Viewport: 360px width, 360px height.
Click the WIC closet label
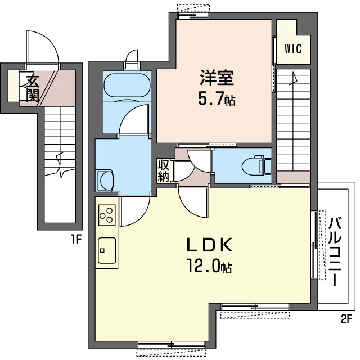[x=293, y=49]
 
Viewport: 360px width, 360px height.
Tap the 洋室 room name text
[x=217, y=78]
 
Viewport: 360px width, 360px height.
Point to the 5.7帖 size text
[x=217, y=100]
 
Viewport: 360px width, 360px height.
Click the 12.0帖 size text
[x=210, y=265]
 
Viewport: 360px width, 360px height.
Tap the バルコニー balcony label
[x=335, y=251]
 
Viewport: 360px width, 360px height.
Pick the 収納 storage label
[x=163, y=171]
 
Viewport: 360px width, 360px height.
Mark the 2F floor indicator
[x=346, y=319]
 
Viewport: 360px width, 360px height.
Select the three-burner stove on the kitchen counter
[x=107, y=215]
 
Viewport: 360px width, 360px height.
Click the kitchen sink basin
[x=107, y=250]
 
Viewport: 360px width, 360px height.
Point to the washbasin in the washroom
[x=105, y=181]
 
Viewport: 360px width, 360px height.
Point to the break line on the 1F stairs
[x=60, y=165]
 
